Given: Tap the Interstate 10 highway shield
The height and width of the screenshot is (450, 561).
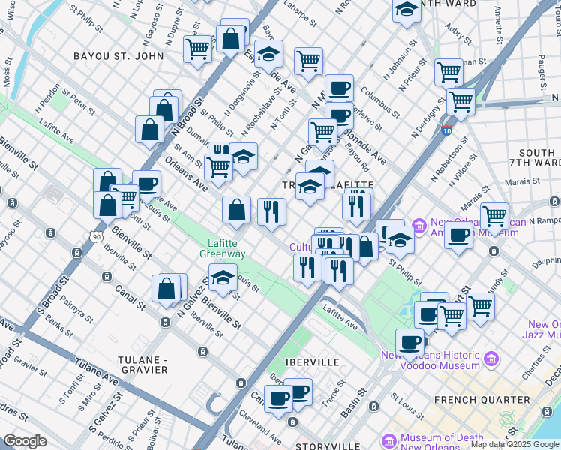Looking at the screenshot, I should point(447,130).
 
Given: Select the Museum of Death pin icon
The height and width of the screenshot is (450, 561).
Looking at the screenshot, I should point(388,439).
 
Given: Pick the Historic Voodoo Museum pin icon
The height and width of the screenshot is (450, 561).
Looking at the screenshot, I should point(491,358).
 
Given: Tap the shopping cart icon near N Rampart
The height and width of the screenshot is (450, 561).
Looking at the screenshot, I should point(494,217).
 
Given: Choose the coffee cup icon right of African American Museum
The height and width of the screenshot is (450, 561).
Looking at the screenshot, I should point(458,235).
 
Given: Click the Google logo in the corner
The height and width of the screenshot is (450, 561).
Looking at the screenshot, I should point(25,441).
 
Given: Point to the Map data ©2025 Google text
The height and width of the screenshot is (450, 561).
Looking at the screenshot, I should point(514,444).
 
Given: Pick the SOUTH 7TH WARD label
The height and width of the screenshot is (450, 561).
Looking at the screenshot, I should point(536,157).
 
